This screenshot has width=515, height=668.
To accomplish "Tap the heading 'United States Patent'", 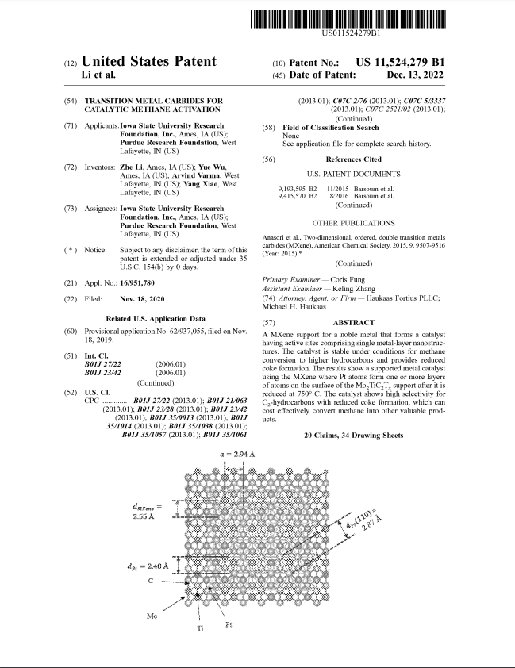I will point(148,62).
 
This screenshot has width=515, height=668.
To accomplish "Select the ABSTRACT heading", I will point(353,323).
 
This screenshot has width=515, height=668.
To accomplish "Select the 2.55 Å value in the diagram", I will point(143,516).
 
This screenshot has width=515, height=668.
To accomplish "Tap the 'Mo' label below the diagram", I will point(152,616).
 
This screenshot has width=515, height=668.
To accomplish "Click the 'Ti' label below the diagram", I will point(200,628).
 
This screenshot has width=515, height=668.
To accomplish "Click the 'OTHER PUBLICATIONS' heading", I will point(353,224).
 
